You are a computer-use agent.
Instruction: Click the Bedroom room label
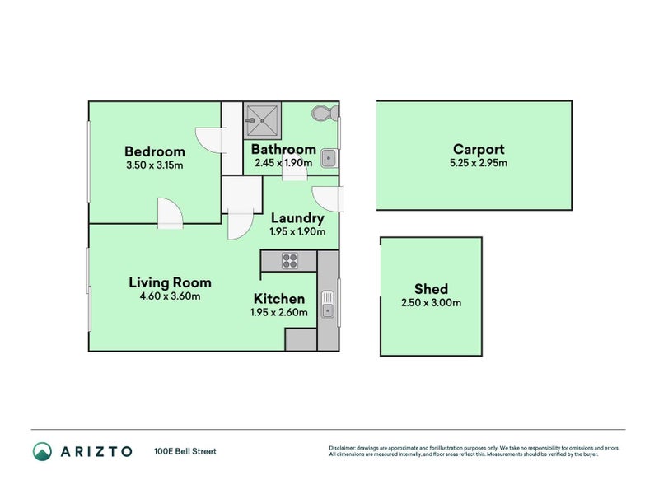tap(155, 151)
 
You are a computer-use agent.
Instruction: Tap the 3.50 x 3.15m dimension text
tap(155, 165)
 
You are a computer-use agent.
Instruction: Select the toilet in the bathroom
tap(325, 113)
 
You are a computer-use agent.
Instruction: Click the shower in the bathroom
tap(262, 120)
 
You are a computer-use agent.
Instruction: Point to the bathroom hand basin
tap(328, 158)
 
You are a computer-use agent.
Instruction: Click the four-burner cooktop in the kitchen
tap(290, 260)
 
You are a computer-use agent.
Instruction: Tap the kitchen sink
tap(327, 304)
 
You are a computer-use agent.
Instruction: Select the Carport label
tap(479, 149)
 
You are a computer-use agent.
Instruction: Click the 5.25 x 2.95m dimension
tap(479, 163)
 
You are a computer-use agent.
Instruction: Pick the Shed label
tap(431, 289)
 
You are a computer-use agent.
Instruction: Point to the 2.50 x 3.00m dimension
tap(431, 302)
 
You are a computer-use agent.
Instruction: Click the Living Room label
tap(170, 282)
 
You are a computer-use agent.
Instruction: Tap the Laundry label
tap(297, 218)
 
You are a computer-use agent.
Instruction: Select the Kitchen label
tap(279, 299)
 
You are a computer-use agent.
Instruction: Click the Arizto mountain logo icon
tap(43, 451)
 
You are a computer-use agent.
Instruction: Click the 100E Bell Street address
tap(185, 451)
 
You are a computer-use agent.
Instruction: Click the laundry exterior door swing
tap(328, 198)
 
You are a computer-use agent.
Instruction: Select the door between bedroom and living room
tap(171, 213)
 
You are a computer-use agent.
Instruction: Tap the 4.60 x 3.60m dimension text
tap(170, 296)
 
